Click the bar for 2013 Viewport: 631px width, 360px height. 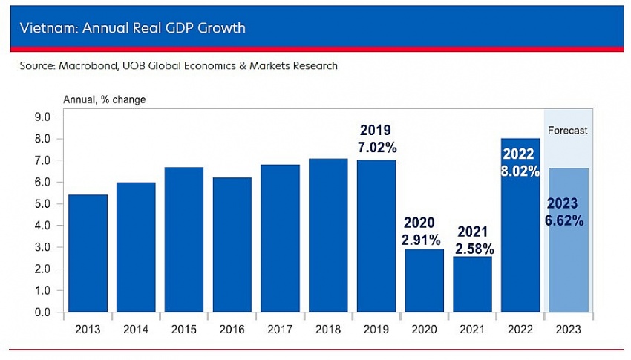88,253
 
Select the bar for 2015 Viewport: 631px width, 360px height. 184,239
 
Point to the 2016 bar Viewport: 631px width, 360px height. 232,244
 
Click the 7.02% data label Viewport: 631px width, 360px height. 376,147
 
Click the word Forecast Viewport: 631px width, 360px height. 567,131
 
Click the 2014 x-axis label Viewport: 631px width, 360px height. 136,329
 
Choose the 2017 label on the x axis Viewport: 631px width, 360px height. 280,329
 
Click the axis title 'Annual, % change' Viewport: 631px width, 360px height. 104,99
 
